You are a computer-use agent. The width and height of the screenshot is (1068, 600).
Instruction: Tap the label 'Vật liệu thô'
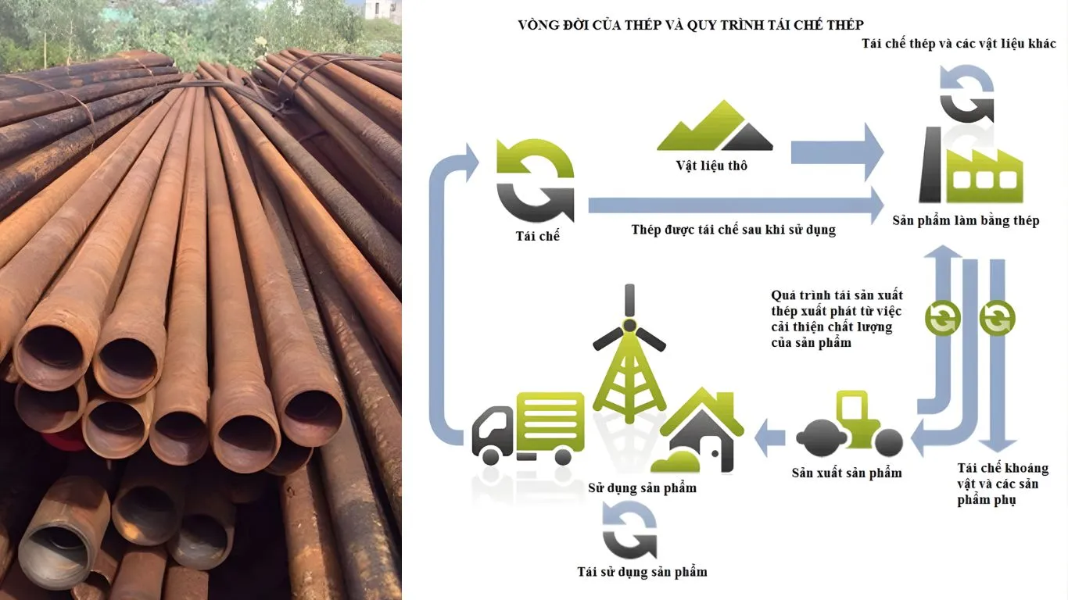coord(711,166)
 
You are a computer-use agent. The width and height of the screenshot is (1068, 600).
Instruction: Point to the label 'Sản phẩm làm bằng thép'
coord(966,221)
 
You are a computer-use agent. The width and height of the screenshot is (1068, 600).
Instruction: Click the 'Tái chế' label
coord(539,235)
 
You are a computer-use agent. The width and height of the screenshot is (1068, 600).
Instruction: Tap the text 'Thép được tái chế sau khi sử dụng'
coord(733,230)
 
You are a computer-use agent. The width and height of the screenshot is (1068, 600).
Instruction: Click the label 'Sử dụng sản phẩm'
coord(642,488)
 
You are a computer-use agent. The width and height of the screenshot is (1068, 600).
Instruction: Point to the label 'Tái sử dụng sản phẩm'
coord(642,572)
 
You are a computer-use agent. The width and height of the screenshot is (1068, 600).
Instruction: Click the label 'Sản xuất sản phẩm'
coord(847,473)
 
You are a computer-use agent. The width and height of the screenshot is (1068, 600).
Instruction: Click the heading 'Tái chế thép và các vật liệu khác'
coord(959,44)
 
